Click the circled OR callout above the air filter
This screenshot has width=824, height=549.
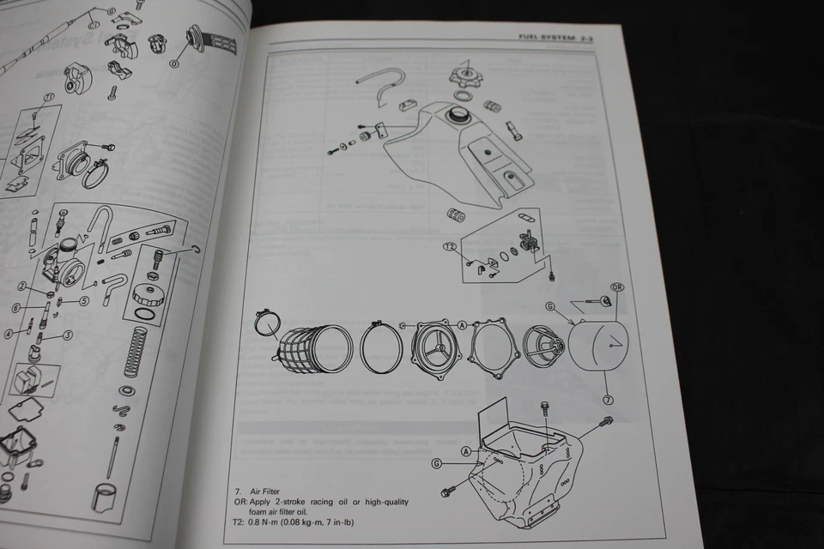616,287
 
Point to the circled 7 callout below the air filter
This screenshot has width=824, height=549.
608,400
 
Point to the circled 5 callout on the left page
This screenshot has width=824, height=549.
84,300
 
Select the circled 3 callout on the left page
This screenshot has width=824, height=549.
67,335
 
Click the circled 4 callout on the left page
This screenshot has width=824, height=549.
9,333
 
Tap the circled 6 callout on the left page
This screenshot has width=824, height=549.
15,307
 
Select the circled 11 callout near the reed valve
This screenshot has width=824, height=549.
49,97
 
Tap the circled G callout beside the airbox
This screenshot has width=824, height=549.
437,463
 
